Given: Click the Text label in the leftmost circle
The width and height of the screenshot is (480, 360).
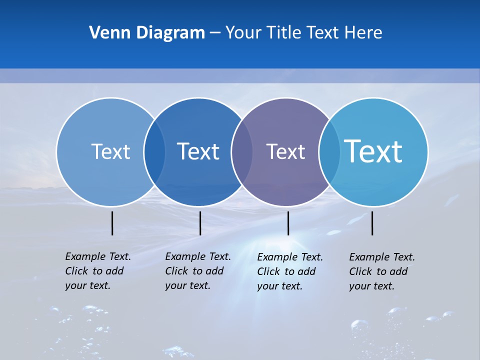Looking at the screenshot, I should [x=110, y=151].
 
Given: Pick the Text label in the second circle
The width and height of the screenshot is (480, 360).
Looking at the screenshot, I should [x=198, y=151].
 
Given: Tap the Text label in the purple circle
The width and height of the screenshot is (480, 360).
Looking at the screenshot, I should [x=285, y=151].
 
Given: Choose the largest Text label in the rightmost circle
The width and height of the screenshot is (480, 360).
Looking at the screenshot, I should [x=373, y=151].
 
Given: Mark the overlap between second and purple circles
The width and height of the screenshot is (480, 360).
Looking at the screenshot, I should [x=242, y=152].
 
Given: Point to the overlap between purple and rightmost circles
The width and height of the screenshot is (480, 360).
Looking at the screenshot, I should [x=329, y=152].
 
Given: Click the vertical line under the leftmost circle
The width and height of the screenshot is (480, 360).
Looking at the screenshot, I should [x=112, y=223].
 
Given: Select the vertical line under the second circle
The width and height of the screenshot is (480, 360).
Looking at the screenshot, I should [x=200, y=223].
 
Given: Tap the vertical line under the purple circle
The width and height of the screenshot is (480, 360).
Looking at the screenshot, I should [x=288, y=223].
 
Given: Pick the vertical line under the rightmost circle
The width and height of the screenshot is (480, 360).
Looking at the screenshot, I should [x=372, y=223].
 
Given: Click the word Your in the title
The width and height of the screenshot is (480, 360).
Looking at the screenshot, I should [x=243, y=33].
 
